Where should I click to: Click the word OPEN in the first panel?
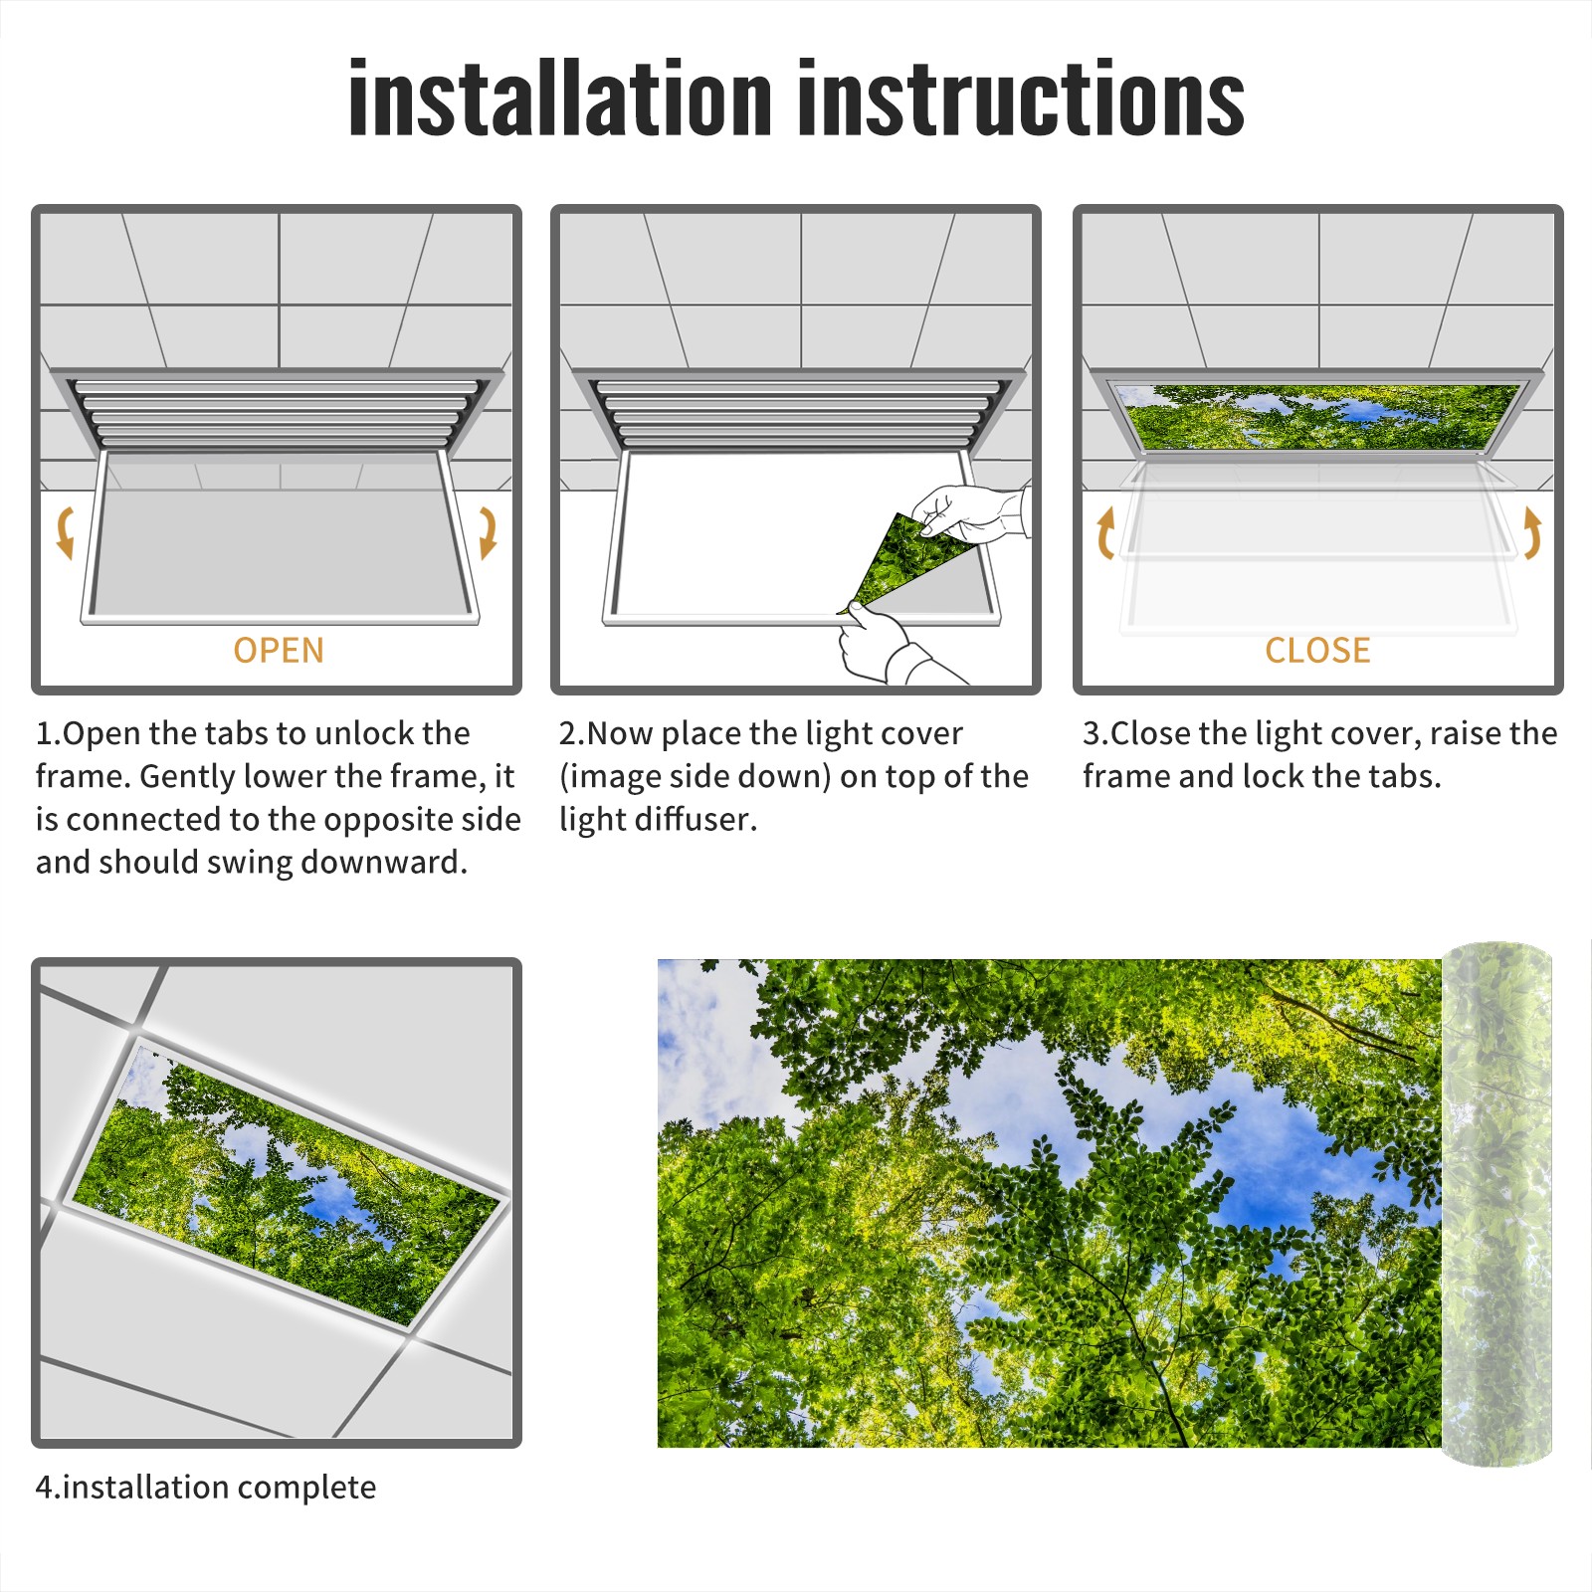[279, 650]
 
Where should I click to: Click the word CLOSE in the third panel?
[1317, 650]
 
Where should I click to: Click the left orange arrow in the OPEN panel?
[64, 532]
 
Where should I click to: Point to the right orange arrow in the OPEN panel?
[489, 532]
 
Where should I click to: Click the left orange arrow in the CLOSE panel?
[1104, 532]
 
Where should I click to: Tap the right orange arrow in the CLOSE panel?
[1532, 532]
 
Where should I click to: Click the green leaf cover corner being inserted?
[900, 562]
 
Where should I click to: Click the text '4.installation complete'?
[206, 1488]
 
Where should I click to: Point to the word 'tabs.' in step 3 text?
[1402, 776]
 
